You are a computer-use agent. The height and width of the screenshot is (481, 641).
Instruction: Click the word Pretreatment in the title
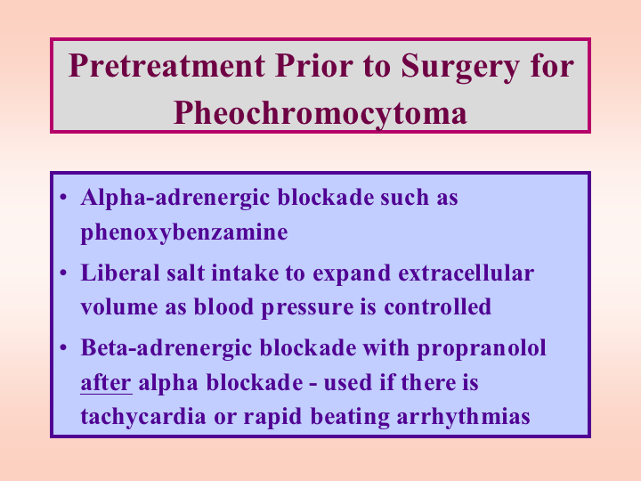click(x=166, y=65)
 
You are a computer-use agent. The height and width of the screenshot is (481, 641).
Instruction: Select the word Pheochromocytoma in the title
click(x=320, y=113)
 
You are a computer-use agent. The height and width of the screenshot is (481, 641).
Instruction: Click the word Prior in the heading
click(x=314, y=65)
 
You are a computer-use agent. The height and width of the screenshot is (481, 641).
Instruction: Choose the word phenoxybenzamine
click(x=184, y=233)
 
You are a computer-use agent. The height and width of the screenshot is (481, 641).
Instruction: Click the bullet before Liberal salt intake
click(x=63, y=273)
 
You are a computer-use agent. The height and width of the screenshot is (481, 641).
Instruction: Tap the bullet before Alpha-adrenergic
click(x=63, y=197)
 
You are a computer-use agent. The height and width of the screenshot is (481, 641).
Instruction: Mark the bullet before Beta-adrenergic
click(x=63, y=347)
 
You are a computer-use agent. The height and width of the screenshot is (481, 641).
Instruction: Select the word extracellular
click(x=467, y=273)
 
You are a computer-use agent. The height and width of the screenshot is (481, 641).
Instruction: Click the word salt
click(x=185, y=273)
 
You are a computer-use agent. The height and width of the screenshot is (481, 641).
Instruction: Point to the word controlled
click(x=437, y=306)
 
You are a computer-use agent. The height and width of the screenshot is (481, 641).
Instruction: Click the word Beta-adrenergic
click(x=166, y=349)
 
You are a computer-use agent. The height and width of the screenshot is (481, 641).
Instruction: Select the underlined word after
click(x=106, y=383)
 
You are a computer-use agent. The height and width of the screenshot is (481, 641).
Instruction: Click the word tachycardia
click(x=143, y=418)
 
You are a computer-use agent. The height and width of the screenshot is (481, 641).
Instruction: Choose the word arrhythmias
click(x=464, y=418)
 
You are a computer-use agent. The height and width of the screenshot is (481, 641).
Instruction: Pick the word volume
click(x=119, y=306)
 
